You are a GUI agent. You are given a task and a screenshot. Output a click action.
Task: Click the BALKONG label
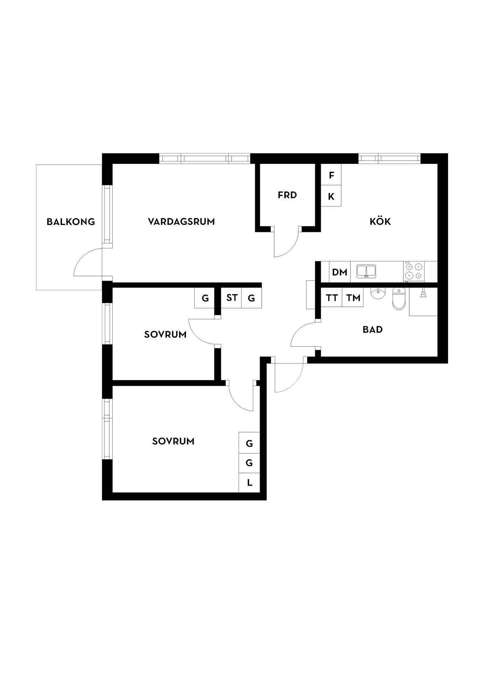[71, 222]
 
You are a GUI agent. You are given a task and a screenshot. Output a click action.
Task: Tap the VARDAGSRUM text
[181, 221]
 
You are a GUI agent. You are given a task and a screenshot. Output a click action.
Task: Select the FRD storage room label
[287, 195]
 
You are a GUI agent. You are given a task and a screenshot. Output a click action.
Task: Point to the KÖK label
[380, 221]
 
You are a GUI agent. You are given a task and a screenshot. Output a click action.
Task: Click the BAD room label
[373, 330]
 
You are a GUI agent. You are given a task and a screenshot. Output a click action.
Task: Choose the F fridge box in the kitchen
[331, 175]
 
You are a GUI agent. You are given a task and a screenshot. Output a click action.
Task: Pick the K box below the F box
[331, 196]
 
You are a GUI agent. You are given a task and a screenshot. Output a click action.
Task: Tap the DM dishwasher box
[340, 272]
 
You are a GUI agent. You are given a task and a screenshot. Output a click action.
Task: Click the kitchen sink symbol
[366, 271]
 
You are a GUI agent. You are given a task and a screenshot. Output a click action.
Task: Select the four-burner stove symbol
[414, 271]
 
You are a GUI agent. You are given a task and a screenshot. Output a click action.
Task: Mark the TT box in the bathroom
[332, 298]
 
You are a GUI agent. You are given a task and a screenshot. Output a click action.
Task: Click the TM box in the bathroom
[353, 298]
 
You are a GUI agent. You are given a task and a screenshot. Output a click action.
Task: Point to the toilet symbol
[398, 299]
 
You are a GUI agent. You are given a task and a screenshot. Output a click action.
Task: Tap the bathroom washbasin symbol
[378, 293]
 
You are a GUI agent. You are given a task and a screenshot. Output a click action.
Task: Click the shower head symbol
[423, 293]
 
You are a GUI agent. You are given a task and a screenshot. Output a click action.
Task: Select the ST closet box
[232, 298]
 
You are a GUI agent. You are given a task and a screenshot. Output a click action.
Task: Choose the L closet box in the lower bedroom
[249, 483]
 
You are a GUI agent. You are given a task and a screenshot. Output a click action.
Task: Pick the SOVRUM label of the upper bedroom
[165, 334]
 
